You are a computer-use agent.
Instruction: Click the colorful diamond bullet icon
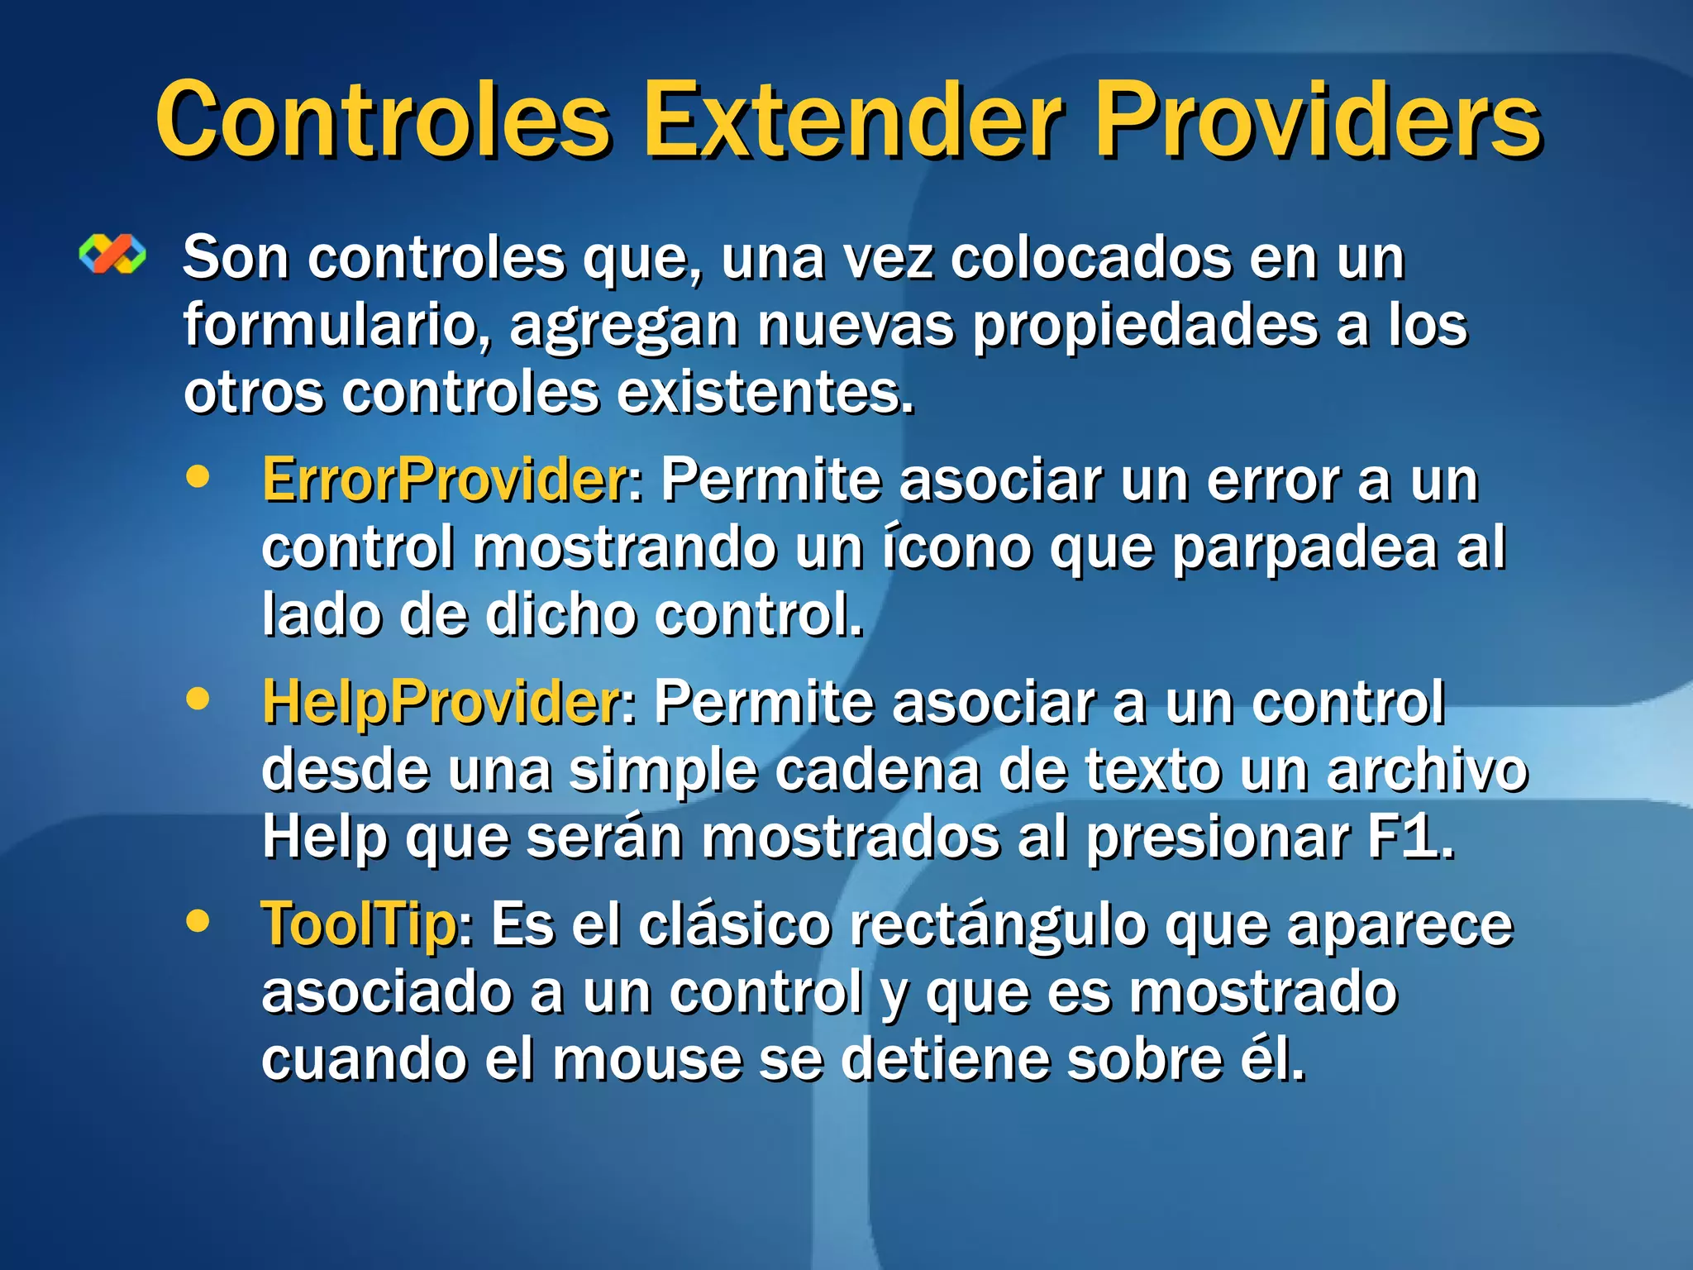(112, 254)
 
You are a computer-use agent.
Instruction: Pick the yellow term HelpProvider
(441, 702)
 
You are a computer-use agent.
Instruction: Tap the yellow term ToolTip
(359, 924)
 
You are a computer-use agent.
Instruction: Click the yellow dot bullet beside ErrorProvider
(198, 476)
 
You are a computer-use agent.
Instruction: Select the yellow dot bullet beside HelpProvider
(198, 699)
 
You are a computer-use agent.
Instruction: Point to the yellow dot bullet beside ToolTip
(198, 920)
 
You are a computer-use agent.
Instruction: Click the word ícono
(956, 547)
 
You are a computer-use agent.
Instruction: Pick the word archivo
(1427, 770)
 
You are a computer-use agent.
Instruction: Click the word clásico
(734, 924)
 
